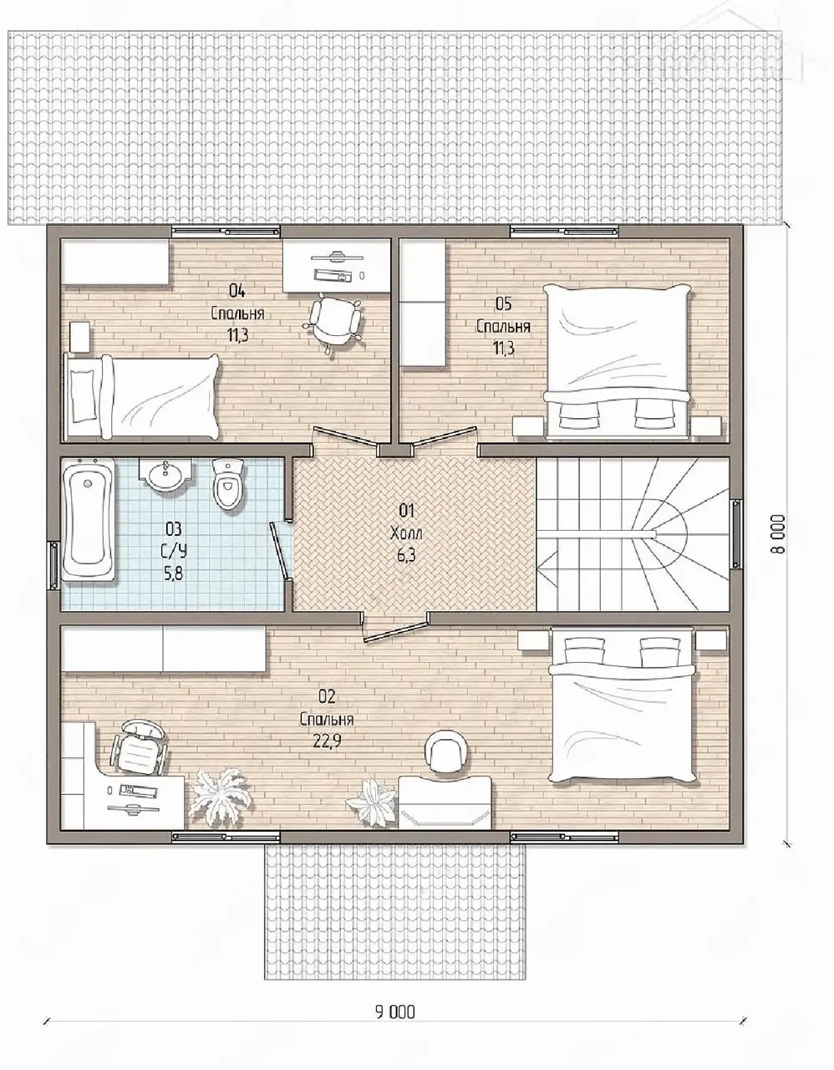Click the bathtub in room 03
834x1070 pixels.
tap(89, 519)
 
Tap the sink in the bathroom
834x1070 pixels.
tap(165, 475)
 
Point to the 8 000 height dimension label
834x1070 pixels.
tap(778, 534)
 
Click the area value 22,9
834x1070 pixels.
tap(327, 742)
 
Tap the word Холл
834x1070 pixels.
tap(406, 532)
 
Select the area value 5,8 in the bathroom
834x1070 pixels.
tap(173, 573)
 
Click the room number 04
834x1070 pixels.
tap(236, 291)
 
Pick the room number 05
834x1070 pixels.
tap(503, 303)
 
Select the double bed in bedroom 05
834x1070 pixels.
tap(617, 362)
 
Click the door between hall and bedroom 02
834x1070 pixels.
tap(394, 631)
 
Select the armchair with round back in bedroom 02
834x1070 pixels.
tap(446, 752)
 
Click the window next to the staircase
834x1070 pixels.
tap(736, 534)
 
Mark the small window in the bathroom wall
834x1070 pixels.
tap(53, 565)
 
